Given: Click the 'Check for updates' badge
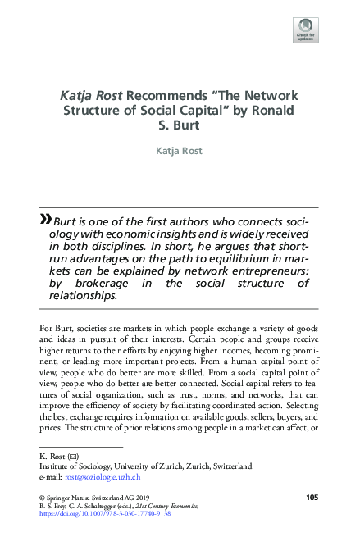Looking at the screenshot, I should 306,30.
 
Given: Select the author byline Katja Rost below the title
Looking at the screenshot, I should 180,151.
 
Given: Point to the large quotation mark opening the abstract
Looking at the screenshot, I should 44,219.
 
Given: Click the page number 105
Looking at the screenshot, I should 312,498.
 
